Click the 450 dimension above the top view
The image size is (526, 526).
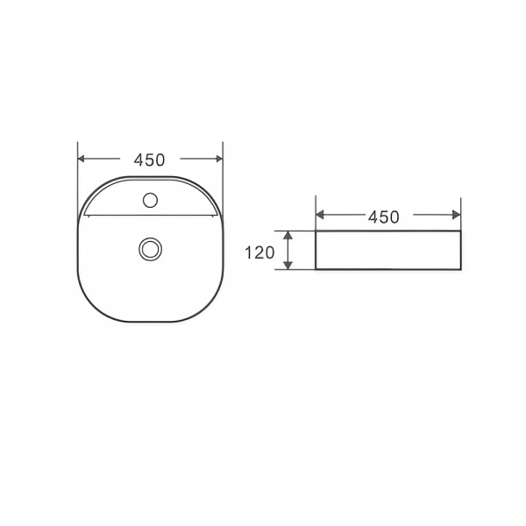click(149, 160)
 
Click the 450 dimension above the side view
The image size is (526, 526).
click(384, 217)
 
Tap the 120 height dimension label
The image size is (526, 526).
click(259, 252)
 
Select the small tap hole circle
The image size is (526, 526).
click(150, 200)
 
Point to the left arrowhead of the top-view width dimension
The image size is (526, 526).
click(81, 159)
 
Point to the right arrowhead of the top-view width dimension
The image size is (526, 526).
click(219, 159)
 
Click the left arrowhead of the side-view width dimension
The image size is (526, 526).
click(320, 215)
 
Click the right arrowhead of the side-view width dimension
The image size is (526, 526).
click(457, 215)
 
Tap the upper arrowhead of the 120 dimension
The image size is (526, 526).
click(288, 235)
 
